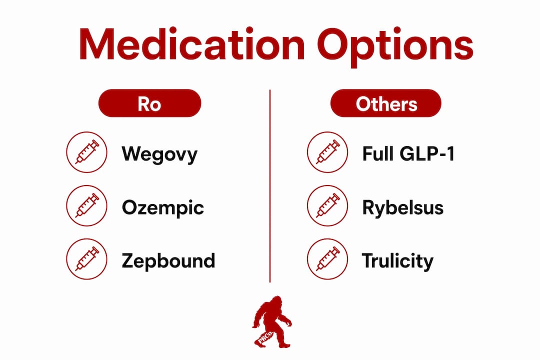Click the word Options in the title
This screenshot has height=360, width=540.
[395, 47]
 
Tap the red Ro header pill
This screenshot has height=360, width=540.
[150, 103]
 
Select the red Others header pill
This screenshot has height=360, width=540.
[385, 103]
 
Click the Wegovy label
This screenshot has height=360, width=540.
[160, 154]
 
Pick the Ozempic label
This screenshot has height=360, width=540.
[163, 207]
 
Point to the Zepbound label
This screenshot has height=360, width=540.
[168, 261]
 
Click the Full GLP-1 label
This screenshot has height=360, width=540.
[408, 153]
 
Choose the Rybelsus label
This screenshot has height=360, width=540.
[403, 207]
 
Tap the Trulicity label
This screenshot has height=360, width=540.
[398, 261]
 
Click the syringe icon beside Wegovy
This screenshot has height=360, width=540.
[87, 152]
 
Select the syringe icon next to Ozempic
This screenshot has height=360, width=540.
[87, 205]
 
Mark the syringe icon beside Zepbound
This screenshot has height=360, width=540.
[87, 258]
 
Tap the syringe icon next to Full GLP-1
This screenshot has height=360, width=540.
[327, 152]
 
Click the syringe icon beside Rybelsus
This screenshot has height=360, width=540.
[327, 205]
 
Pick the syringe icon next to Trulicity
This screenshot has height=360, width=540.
[327, 258]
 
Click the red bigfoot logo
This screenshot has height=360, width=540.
[272, 322]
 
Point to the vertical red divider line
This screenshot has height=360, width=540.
[270, 186]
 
